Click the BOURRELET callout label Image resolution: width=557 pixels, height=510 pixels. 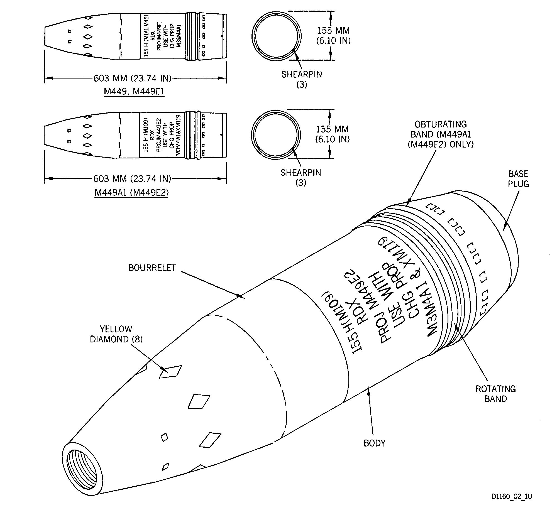pyautogui.click(x=152, y=268)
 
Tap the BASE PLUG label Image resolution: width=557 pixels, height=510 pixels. pyautogui.click(x=518, y=179)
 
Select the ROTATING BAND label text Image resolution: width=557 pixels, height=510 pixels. pyautogui.click(x=496, y=394)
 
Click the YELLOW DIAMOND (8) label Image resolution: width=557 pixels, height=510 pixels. pyautogui.click(x=116, y=334)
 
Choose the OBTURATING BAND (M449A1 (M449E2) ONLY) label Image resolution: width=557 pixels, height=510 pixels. pyautogui.click(x=441, y=134)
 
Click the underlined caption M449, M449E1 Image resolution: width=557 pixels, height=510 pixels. pyautogui.click(x=134, y=92)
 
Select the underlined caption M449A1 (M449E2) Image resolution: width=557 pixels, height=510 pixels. pyautogui.click(x=132, y=193)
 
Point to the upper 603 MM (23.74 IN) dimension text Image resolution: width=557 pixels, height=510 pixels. pyautogui.click(x=133, y=78)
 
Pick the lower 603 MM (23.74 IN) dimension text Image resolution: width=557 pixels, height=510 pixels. pyautogui.click(x=132, y=178)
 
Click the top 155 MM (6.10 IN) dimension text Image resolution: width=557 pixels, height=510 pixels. pyautogui.click(x=333, y=35)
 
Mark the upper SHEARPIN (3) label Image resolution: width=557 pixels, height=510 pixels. pyautogui.click(x=302, y=79)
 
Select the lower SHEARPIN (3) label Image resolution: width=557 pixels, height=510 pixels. pyautogui.click(x=301, y=177)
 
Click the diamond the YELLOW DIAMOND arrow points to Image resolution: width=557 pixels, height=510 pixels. pyautogui.click(x=170, y=372)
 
